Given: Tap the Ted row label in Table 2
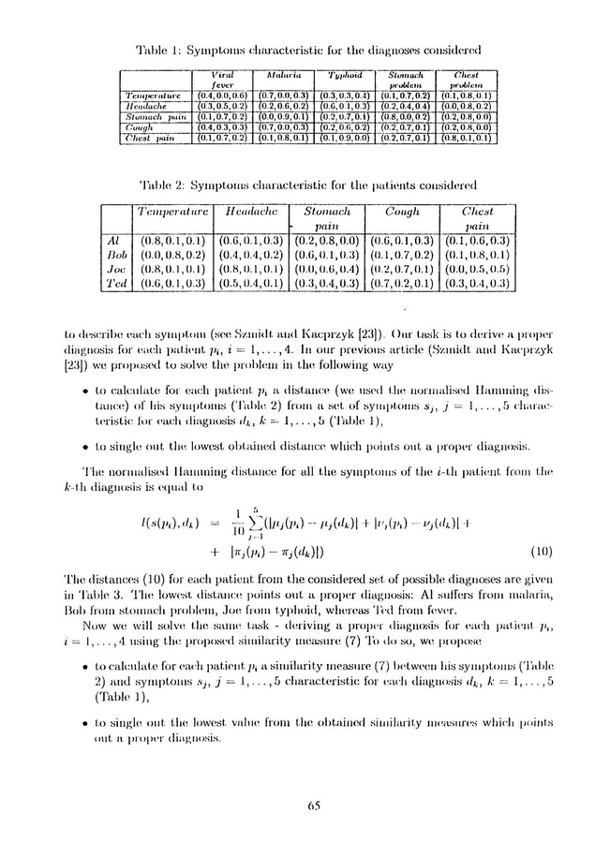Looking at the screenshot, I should [117, 281].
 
